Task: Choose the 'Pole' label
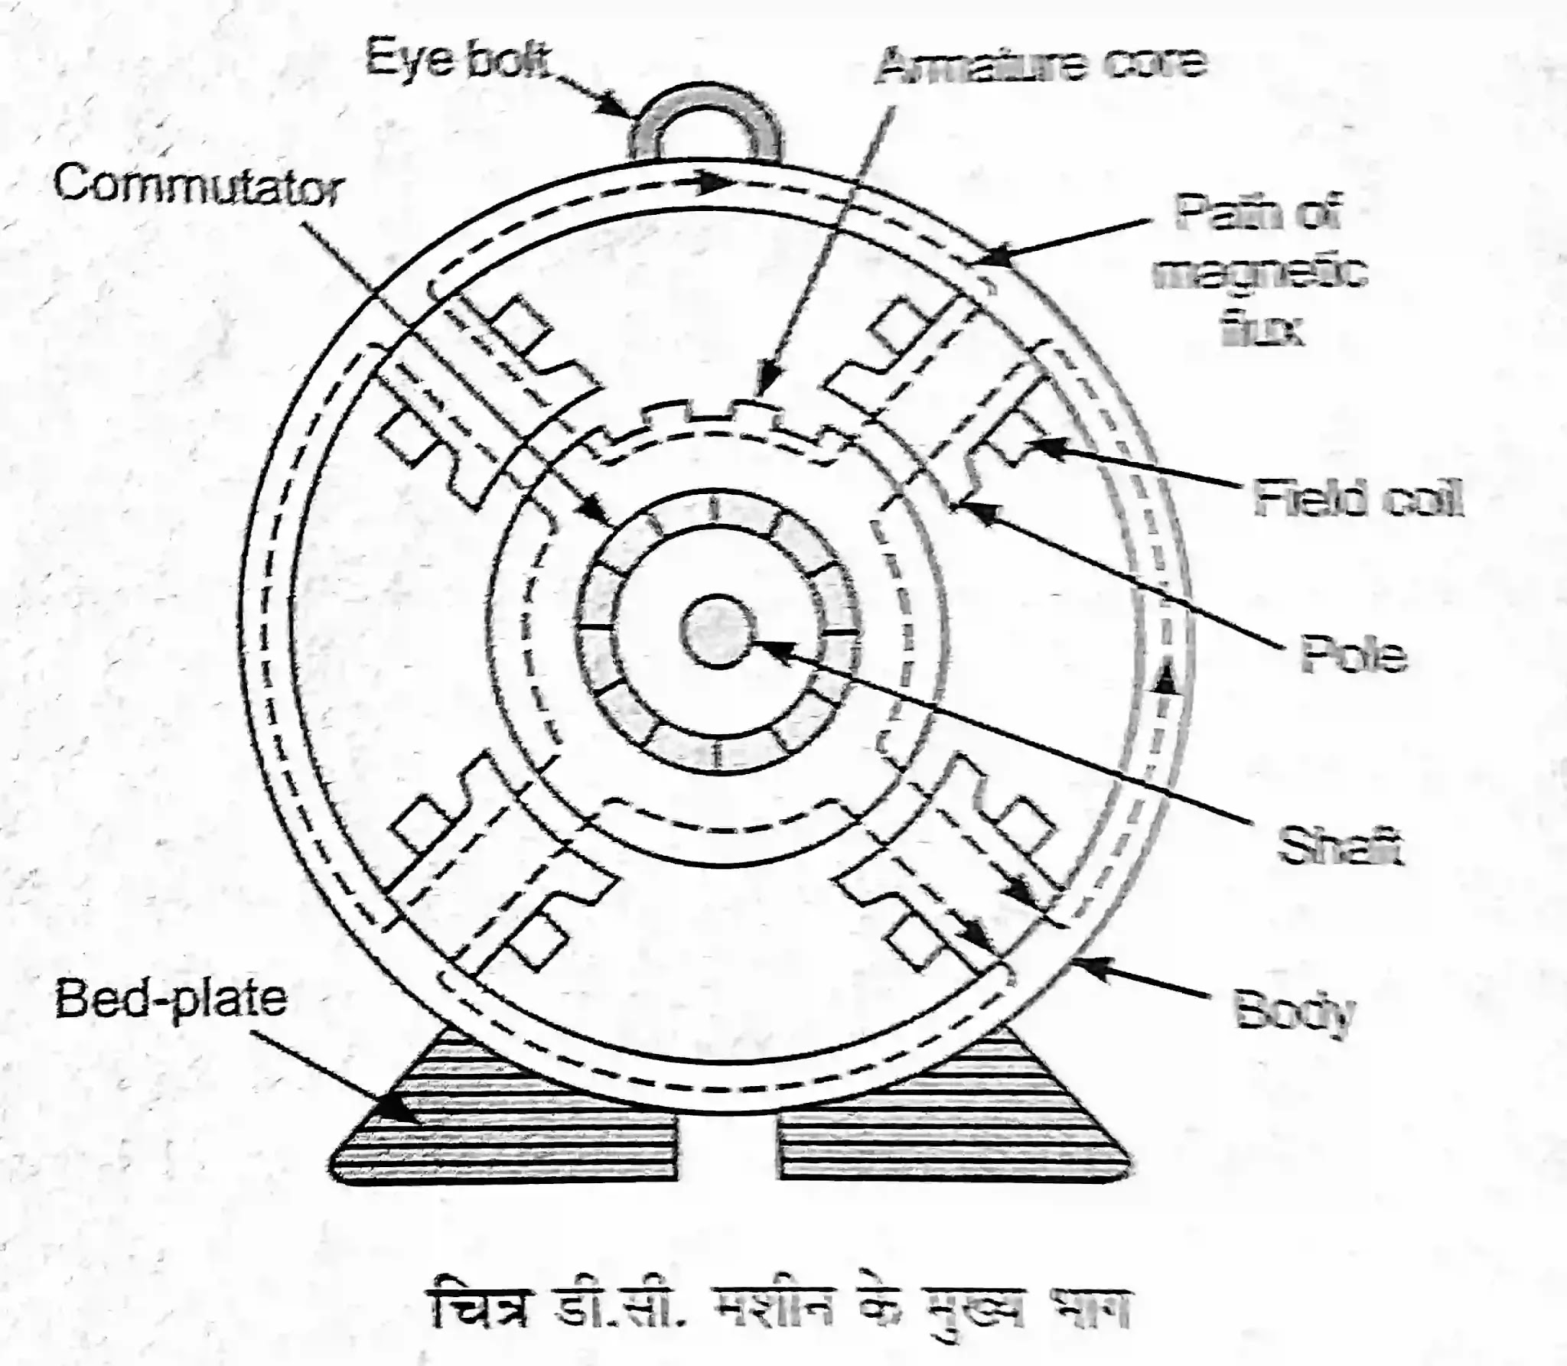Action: pyautogui.click(x=1354, y=655)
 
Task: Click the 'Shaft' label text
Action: pyautogui.click(x=1340, y=847)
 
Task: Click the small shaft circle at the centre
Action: pyautogui.click(x=716, y=630)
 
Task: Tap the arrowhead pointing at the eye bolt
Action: pyautogui.click(x=618, y=105)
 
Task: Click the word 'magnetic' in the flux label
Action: pyautogui.click(x=1259, y=273)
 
